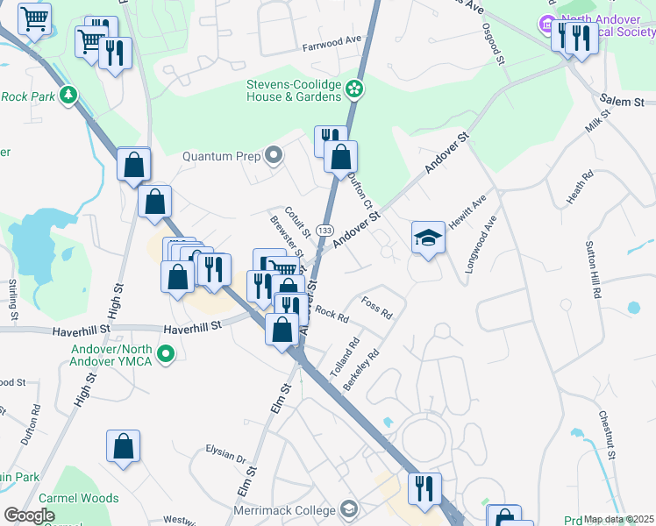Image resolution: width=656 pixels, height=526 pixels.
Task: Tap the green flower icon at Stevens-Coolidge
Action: click(x=353, y=88)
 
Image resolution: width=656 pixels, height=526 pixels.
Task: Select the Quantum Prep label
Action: click(x=222, y=156)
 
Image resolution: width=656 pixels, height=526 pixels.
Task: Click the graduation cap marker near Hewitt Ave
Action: click(x=427, y=238)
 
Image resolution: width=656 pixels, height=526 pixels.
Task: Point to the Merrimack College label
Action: click(x=285, y=510)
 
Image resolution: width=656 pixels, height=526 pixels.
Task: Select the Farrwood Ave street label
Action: click(x=332, y=40)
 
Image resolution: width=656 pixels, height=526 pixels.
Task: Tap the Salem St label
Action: click(x=623, y=102)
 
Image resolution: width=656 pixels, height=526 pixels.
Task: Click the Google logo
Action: click(x=30, y=515)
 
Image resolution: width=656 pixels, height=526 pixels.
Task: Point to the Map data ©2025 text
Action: click(x=618, y=519)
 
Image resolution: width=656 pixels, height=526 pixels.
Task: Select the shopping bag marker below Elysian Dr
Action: click(x=124, y=446)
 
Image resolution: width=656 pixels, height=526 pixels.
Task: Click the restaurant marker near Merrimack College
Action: click(x=424, y=488)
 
